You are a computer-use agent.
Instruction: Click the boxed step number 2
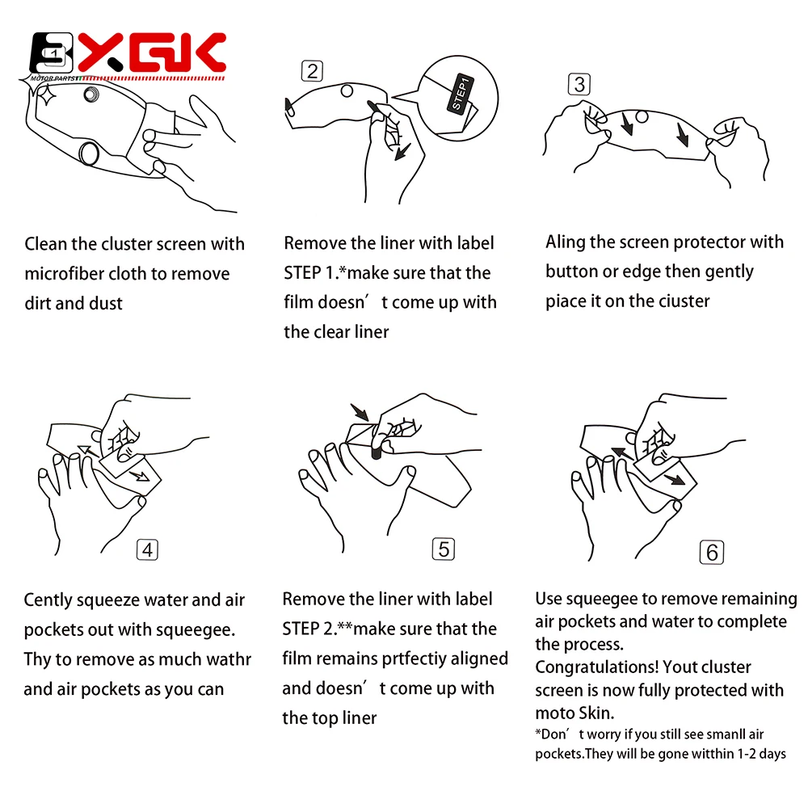[x=312, y=71]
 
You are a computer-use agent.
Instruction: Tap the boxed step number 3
[x=579, y=85]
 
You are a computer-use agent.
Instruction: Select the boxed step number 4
[x=147, y=549]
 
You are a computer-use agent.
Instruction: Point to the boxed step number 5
[x=444, y=549]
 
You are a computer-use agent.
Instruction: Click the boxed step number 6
[x=712, y=553]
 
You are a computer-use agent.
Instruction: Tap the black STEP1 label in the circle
[x=460, y=94]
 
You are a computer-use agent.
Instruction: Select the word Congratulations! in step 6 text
[x=596, y=667]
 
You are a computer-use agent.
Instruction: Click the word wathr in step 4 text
[x=230, y=659]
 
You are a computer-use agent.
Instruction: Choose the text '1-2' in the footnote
[x=746, y=754]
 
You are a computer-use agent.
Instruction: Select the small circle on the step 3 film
[x=642, y=117]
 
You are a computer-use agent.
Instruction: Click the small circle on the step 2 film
[x=347, y=91]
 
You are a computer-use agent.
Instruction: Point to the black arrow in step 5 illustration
[x=360, y=412]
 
